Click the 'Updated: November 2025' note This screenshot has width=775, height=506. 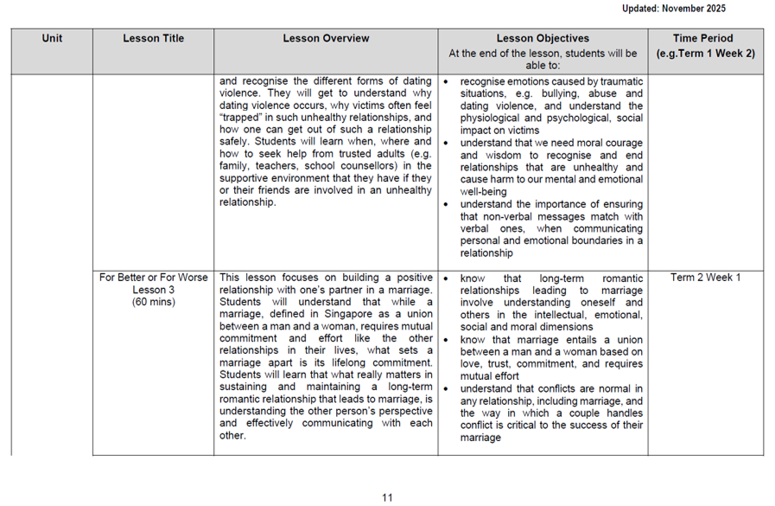coord(673,9)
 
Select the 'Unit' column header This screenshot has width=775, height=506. coord(52,38)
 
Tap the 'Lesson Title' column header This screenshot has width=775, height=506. coord(153,38)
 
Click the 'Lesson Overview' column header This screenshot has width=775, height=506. coord(326,38)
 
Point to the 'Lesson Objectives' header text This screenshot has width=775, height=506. coord(543,38)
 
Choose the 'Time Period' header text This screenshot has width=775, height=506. coord(705,38)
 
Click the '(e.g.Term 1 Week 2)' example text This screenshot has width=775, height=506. coord(705,54)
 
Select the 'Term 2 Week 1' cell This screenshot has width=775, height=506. coord(705,278)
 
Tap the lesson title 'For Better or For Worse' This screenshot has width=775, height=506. coord(153,278)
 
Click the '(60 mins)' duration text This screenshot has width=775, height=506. coord(153,302)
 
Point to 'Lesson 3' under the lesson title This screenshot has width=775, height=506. coord(153,290)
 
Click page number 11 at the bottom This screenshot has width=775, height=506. coord(387,497)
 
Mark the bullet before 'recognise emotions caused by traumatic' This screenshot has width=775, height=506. coord(446,82)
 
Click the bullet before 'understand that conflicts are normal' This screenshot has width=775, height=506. coord(446,390)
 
